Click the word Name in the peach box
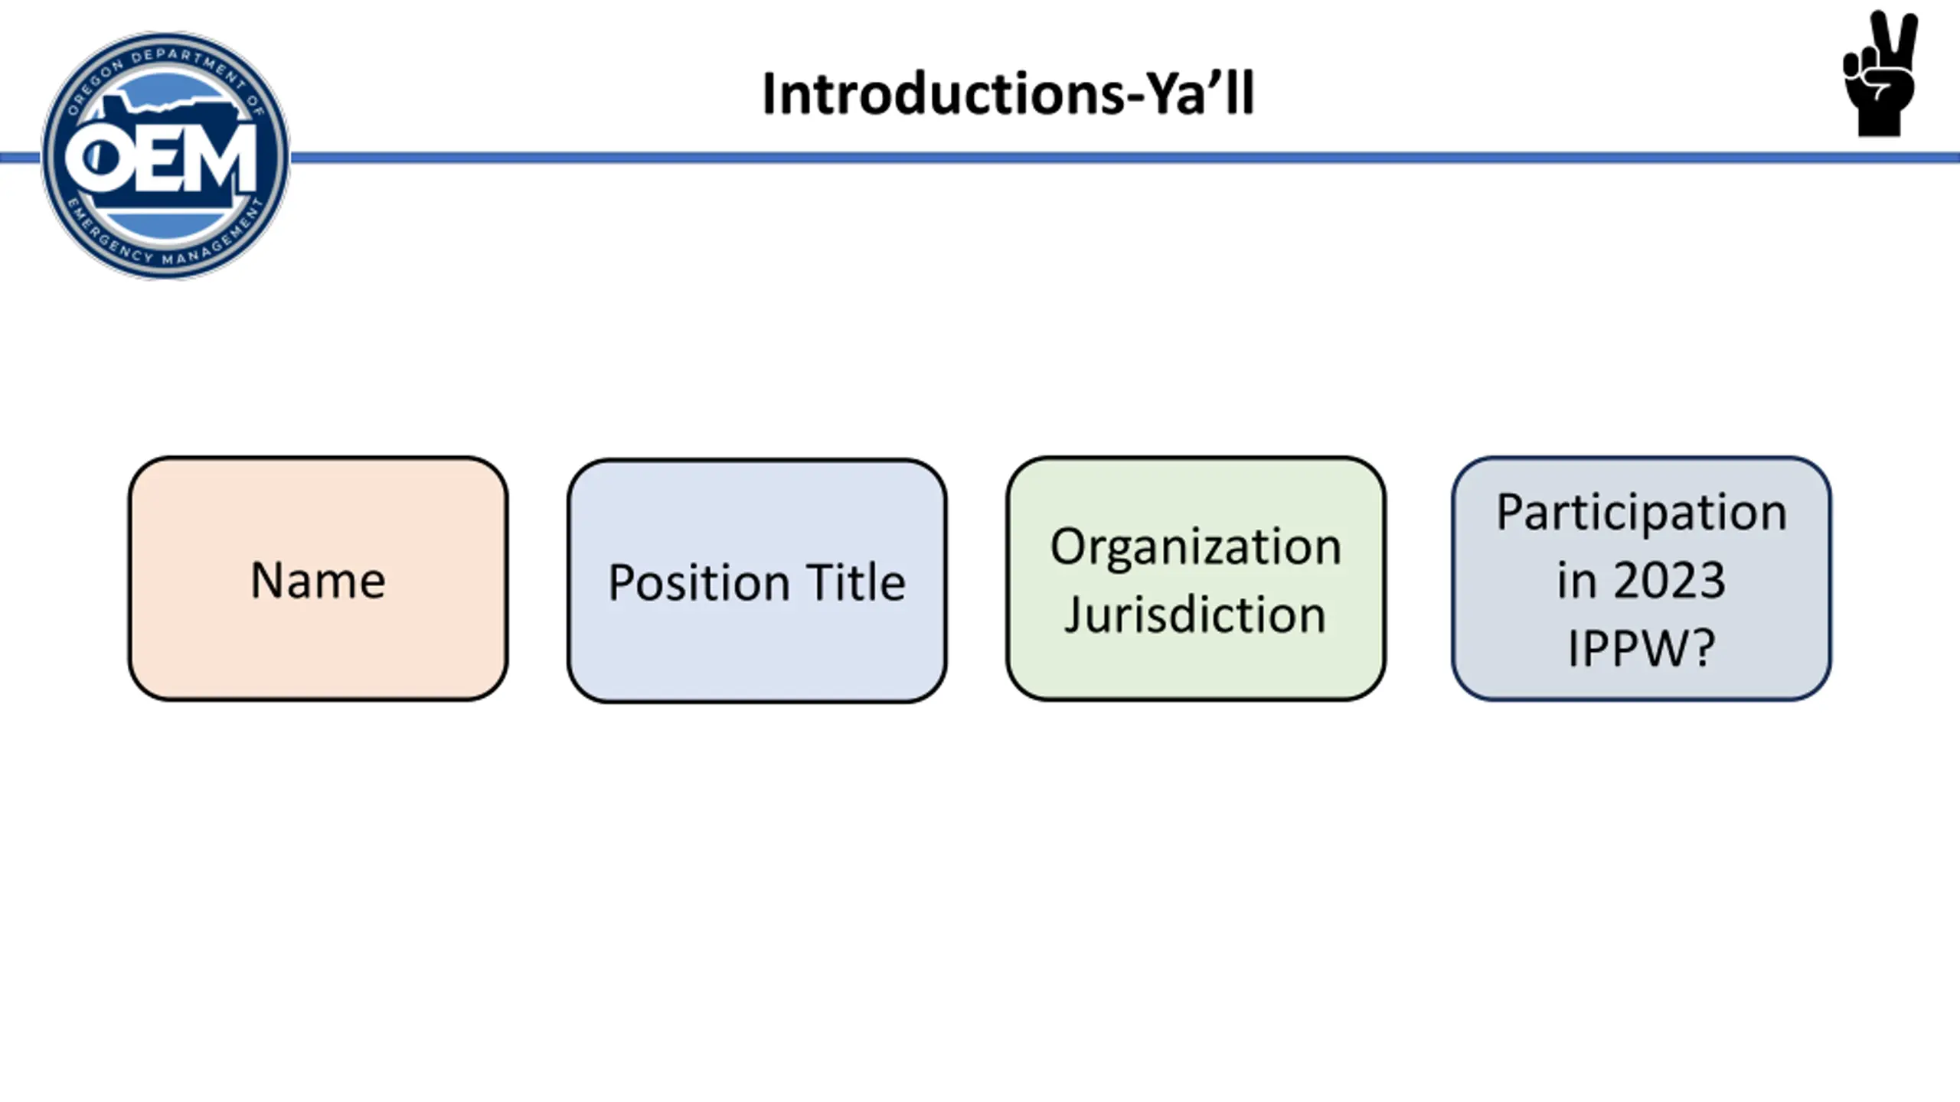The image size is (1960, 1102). point(318,580)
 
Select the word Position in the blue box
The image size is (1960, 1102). point(698,584)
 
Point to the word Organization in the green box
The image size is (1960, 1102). point(1196,549)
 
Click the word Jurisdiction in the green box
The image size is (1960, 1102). point(1195,615)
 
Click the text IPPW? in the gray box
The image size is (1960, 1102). point(1641,648)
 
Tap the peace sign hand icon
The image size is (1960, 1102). point(1880,73)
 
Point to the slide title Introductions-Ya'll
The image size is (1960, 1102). point(1008,94)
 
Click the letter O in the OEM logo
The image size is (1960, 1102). point(96,159)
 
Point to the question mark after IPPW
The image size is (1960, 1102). point(1701,647)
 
